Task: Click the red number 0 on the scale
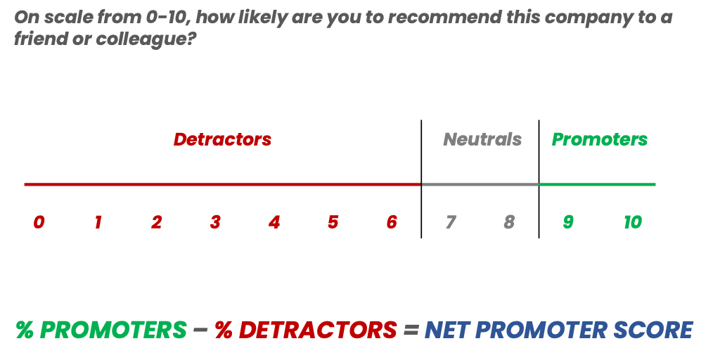click(x=39, y=223)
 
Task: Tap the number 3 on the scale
click(x=215, y=223)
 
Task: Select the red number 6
click(x=392, y=223)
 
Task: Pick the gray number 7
click(x=450, y=223)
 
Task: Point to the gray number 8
click(x=509, y=223)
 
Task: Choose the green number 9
click(x=568, y=223)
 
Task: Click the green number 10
click(x=633, y=223)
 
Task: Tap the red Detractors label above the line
click(x=222, y=139)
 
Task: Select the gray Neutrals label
click(x=482, y=139)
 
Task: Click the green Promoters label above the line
click(x=600, y=139)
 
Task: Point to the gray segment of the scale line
click(x=480, y=185)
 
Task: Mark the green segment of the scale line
click(x=597, y=185)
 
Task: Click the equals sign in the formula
click(x=411, y=330)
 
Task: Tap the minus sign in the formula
click(x=200, y=330)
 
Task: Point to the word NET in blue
click(x=451, y=330)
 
